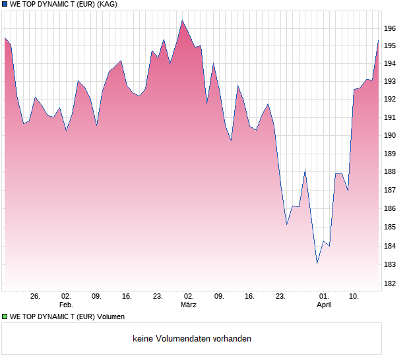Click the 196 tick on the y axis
click(391, 28)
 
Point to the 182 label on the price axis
click(391, 284)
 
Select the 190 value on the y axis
click(391, 135)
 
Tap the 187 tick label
click(391, 190)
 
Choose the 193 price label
click(391, 81)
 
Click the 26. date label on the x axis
click(35, 297)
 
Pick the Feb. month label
click(66, 305)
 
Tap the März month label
click(189, 305)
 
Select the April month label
click(324, 305)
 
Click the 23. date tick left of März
click(158, 297)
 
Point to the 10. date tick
click(354, 297)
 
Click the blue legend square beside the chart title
click(5, 4)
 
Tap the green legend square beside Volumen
click(5, 316)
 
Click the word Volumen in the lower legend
click(111, 316)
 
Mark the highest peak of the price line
click(182, 20)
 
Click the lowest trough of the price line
click(317, 263)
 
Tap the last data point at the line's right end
click(378, 41)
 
